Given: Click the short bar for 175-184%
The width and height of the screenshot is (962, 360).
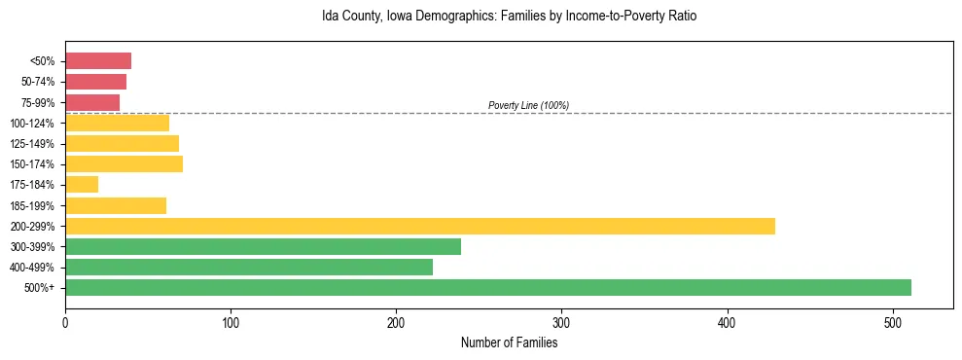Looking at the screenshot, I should coord(82,185).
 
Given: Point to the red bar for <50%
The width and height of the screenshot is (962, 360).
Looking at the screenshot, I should coord(97,61).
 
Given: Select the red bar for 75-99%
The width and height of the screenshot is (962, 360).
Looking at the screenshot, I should coord(92,102).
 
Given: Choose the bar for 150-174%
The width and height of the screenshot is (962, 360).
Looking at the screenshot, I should coord(124,164).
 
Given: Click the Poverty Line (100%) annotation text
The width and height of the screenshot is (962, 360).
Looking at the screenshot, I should coord(528,105).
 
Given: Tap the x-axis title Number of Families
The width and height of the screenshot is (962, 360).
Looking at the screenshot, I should coord(509,342).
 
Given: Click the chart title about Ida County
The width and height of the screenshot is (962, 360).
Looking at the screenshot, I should coord(509,17).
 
